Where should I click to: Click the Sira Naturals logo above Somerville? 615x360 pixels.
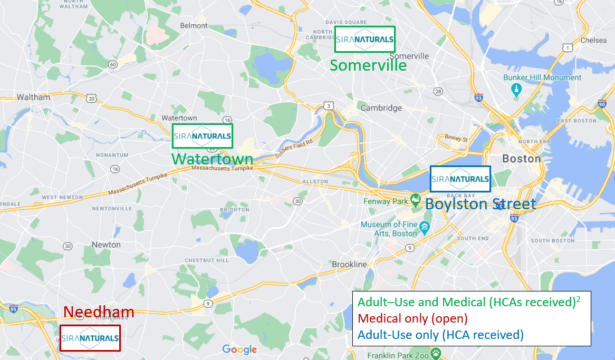tap(365, 40)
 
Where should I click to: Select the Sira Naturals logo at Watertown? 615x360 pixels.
tap(203, 137)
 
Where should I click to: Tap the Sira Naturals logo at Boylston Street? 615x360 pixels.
tap(460, 179)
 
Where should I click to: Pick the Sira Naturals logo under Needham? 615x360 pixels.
tap(90, 338)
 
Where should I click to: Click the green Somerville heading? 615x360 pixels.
tap(368, 65)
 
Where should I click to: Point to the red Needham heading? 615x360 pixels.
tap(99, 312)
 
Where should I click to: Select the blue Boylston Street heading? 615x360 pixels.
tap(480, 204)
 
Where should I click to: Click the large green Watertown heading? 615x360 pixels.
tap(212, 159)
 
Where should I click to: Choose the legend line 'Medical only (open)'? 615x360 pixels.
tap(412, 319)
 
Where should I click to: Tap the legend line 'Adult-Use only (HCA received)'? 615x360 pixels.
tap(440, 335)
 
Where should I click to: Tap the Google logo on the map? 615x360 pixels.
tap(239, 349)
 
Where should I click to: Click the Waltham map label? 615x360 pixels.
tap(33, 97)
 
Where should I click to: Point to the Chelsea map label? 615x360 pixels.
tap(593, 40)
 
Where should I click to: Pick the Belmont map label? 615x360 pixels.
tap(194, 25)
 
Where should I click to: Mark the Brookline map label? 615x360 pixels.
tap(349, 264)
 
